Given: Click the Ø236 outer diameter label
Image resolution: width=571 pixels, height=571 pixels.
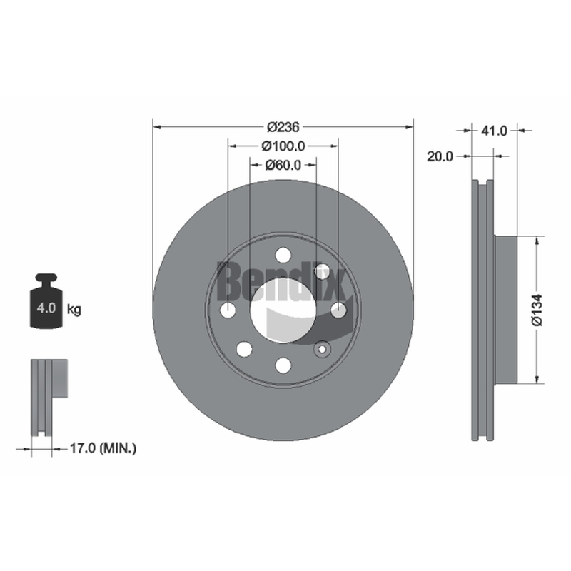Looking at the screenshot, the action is point(283,127).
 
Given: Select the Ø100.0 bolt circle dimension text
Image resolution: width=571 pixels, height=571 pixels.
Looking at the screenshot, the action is point(283,146).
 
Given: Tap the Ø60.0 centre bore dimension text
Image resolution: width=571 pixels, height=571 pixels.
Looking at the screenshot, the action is point(283,165).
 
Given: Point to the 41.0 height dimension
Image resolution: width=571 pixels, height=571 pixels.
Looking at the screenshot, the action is point(494,131).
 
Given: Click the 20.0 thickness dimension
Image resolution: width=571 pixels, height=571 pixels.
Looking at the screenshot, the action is point(440,156).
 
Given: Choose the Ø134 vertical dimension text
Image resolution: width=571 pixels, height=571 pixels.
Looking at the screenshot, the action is point(537,310).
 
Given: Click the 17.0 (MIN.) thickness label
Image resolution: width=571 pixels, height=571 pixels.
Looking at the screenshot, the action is point(103,448).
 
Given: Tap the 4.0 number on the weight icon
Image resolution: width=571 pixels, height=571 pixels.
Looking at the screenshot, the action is point(46,308).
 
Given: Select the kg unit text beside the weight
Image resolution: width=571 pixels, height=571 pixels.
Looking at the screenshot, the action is point(74,310).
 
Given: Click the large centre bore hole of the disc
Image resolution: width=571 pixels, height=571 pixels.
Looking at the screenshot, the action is point(283,310).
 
